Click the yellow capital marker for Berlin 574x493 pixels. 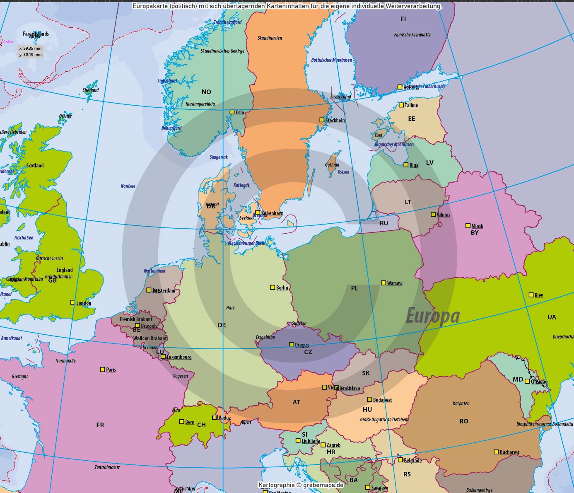(x=273, y=287)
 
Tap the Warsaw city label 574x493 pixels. (x=395, y=283)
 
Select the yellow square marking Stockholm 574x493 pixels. (x=322, y=120)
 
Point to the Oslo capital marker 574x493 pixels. (x=232, y=112)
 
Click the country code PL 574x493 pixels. (x=355, y=288)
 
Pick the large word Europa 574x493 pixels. (x=433, y=316)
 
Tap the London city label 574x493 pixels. (x=84, y=303)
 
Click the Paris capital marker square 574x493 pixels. (x=103, y=369)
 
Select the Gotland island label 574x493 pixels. (x=332, y=165)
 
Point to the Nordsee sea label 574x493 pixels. (x=128, y=186)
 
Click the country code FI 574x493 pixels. (x=403, y=19)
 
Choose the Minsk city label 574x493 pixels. (x=477, y=226)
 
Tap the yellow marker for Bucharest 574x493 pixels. (x=496, y=452)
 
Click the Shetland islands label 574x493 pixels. (x=91, y=90)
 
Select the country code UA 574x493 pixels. (x=552, y=317)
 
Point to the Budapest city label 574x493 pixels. (x=382, y=400)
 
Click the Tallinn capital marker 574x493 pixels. (x=401, y=105)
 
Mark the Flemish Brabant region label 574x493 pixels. (x=136, y=319)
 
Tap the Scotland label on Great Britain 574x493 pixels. (x=35, y=166)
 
